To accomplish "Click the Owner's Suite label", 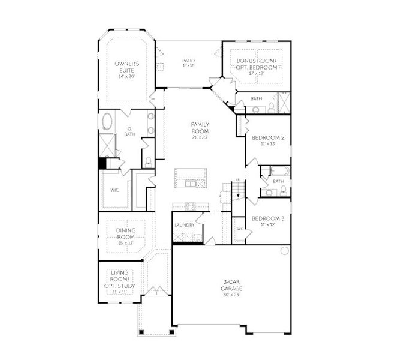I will (x=127, y=67).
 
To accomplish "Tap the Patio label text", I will (x=188, y=61).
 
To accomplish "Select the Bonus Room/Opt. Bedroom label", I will (x=257, y=64).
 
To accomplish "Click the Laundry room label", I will (x=185, y=225).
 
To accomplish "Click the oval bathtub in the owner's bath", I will (x=107, y=121).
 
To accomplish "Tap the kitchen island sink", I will (x=191, y=183).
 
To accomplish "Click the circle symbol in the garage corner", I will (x=284, y=251).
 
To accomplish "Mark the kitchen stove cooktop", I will (x=191, y=207).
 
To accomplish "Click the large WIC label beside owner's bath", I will (x=114, y=190).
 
